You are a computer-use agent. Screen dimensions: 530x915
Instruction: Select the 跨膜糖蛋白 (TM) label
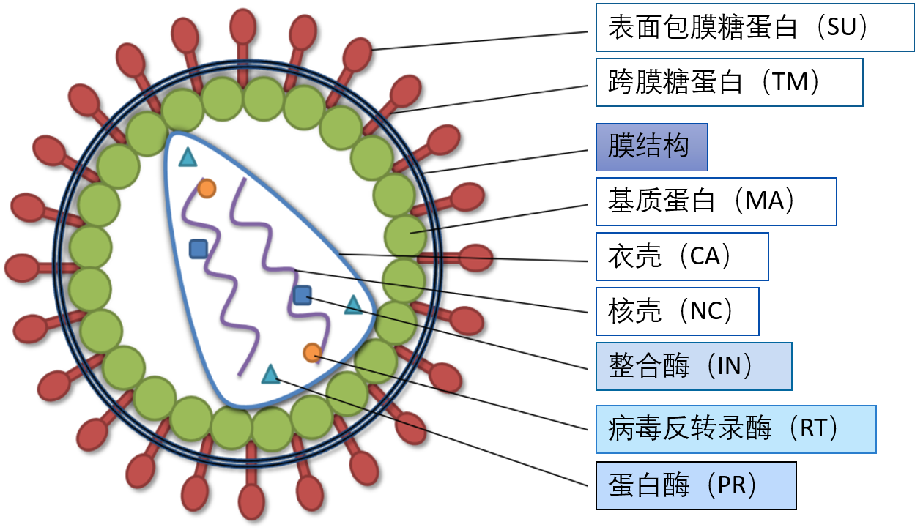729,82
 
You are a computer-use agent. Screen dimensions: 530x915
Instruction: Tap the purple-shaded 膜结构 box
651,146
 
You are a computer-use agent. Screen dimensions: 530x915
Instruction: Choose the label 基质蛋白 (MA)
716,201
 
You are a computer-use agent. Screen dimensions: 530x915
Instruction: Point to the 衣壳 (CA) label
681,256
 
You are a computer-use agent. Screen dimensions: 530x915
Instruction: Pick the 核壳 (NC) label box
677,311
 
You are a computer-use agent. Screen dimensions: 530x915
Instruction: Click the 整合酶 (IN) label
693,366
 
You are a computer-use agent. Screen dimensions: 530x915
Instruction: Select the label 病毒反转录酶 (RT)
736,429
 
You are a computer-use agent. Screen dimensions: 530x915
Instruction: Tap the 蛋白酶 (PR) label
695,485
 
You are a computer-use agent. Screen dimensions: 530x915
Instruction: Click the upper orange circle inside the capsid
207,188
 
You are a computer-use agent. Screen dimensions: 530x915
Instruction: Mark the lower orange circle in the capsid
312,352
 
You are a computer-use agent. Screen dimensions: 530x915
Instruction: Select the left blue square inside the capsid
198,249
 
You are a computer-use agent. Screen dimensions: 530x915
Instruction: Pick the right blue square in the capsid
303,295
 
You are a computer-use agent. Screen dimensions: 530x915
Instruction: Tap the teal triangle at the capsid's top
188,157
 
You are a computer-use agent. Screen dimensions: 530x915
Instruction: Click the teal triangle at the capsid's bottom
270,375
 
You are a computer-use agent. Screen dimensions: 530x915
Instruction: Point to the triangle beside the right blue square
353,306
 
